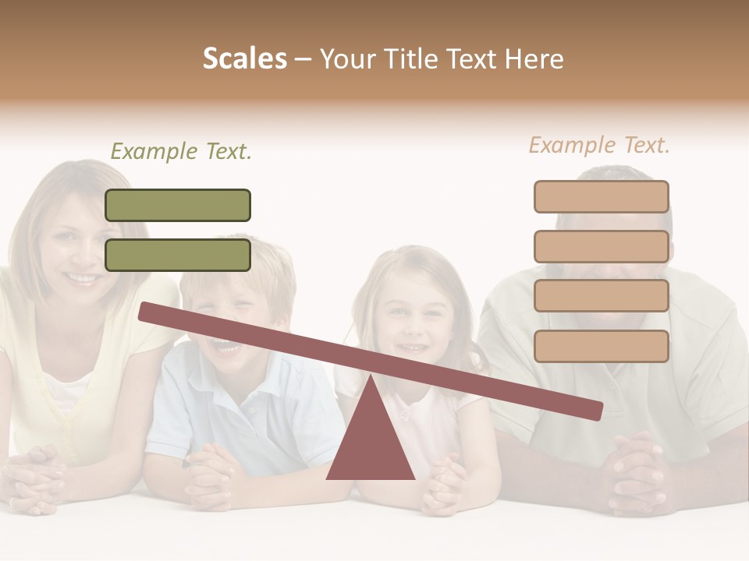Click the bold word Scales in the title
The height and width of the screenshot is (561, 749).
point(244,58)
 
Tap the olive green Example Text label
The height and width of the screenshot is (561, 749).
point(181,151)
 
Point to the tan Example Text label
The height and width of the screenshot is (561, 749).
point(599,145)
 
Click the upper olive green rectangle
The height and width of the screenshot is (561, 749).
point(178,205)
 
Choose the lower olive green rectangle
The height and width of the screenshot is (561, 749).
point(178,255)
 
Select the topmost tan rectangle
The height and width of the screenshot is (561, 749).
point(602,196)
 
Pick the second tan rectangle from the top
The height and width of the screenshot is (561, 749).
point(602,246)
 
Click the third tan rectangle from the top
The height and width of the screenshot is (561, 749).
point(602,296)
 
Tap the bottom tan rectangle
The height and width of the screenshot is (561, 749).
point(602,346)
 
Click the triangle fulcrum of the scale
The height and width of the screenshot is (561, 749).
point(371,440)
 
